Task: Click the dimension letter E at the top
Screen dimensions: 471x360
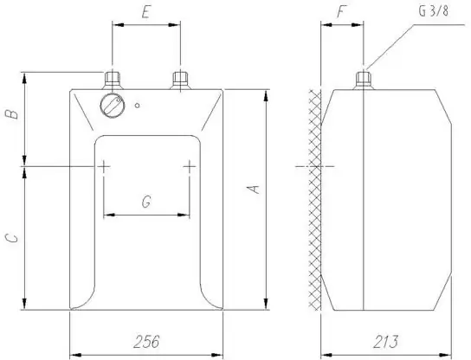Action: coord(146,12)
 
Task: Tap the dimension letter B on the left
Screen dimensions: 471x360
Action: coord(12,114)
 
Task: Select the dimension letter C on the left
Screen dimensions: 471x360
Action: coord(12,238)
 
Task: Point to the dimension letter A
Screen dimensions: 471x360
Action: coord(253,190)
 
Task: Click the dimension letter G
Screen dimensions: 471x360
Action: coord(146,202)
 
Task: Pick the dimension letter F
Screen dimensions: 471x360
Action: coord(341,12)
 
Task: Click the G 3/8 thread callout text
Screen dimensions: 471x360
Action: coord(434,10)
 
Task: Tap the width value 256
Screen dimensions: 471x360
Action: coord(146,342)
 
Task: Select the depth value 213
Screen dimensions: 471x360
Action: coord(386,342)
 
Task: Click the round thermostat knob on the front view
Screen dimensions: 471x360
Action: coord(113,106)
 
